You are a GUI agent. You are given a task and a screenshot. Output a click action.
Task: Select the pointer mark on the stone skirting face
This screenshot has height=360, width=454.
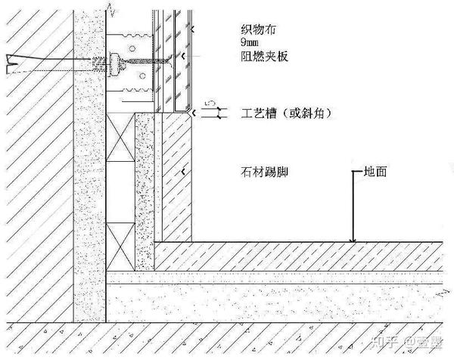tap(185, 173)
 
